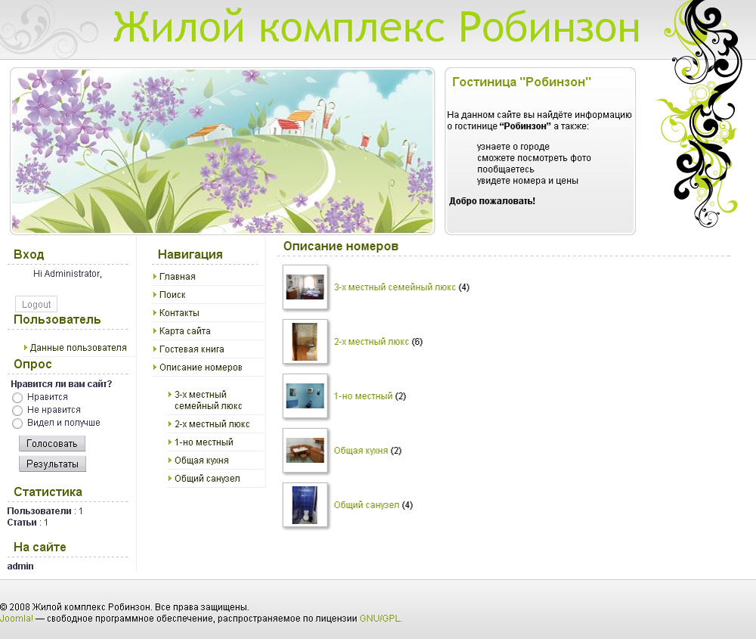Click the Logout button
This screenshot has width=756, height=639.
point(36,305)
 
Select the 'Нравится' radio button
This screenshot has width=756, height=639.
point(17,398)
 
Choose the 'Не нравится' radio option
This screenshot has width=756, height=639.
point(17,411)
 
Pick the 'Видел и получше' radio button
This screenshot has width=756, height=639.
point(17,423)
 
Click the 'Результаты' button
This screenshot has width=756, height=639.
point(52,464)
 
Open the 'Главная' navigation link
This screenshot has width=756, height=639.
point(177,277)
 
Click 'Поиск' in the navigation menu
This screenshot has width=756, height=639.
point(172,295)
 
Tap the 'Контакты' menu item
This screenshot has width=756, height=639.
point(179,313)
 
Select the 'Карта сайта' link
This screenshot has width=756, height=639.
point(184,331)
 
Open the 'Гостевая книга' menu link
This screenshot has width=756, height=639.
point(191,349)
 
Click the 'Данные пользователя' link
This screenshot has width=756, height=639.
point(78,348)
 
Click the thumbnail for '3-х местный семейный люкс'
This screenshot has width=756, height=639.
point(305,287)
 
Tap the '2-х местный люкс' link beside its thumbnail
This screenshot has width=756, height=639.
point(371,342)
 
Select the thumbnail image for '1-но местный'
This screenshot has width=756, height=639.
point(305,395)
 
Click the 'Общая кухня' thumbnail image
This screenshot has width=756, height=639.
point(305,451)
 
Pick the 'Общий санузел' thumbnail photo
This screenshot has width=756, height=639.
point(305,504)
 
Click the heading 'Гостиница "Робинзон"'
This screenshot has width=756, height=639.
point(521,82)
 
